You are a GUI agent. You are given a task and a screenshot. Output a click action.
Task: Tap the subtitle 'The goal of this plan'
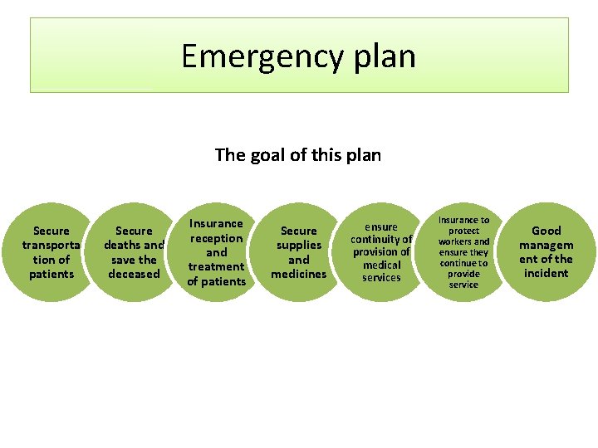[297, 154]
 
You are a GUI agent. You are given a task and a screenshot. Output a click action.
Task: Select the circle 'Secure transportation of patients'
[51, 252]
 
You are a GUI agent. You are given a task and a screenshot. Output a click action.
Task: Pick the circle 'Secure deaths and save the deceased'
[134, 252]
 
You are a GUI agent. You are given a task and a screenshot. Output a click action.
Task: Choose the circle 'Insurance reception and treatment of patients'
[216, 252]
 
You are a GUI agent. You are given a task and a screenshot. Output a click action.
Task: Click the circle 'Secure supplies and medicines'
[299, 252]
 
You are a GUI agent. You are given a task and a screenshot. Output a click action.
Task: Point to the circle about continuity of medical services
[381, 252]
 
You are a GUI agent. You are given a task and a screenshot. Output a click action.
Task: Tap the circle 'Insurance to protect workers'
[463, 252]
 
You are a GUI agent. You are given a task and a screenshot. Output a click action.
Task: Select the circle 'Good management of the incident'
[546, 252]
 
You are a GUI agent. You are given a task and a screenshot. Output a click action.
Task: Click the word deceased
[134, 274]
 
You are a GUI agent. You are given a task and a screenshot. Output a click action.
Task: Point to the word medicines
[299, 274]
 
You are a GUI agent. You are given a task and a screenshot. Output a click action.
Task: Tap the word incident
[546, 273]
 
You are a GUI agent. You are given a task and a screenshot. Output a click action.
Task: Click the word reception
[216, 238]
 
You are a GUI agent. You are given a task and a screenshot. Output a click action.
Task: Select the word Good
[546, 231]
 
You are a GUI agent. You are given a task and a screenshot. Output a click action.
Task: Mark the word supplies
[299, 245]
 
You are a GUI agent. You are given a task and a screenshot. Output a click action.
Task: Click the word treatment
[216, 266]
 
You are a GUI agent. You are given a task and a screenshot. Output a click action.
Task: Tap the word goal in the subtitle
[263, 154]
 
